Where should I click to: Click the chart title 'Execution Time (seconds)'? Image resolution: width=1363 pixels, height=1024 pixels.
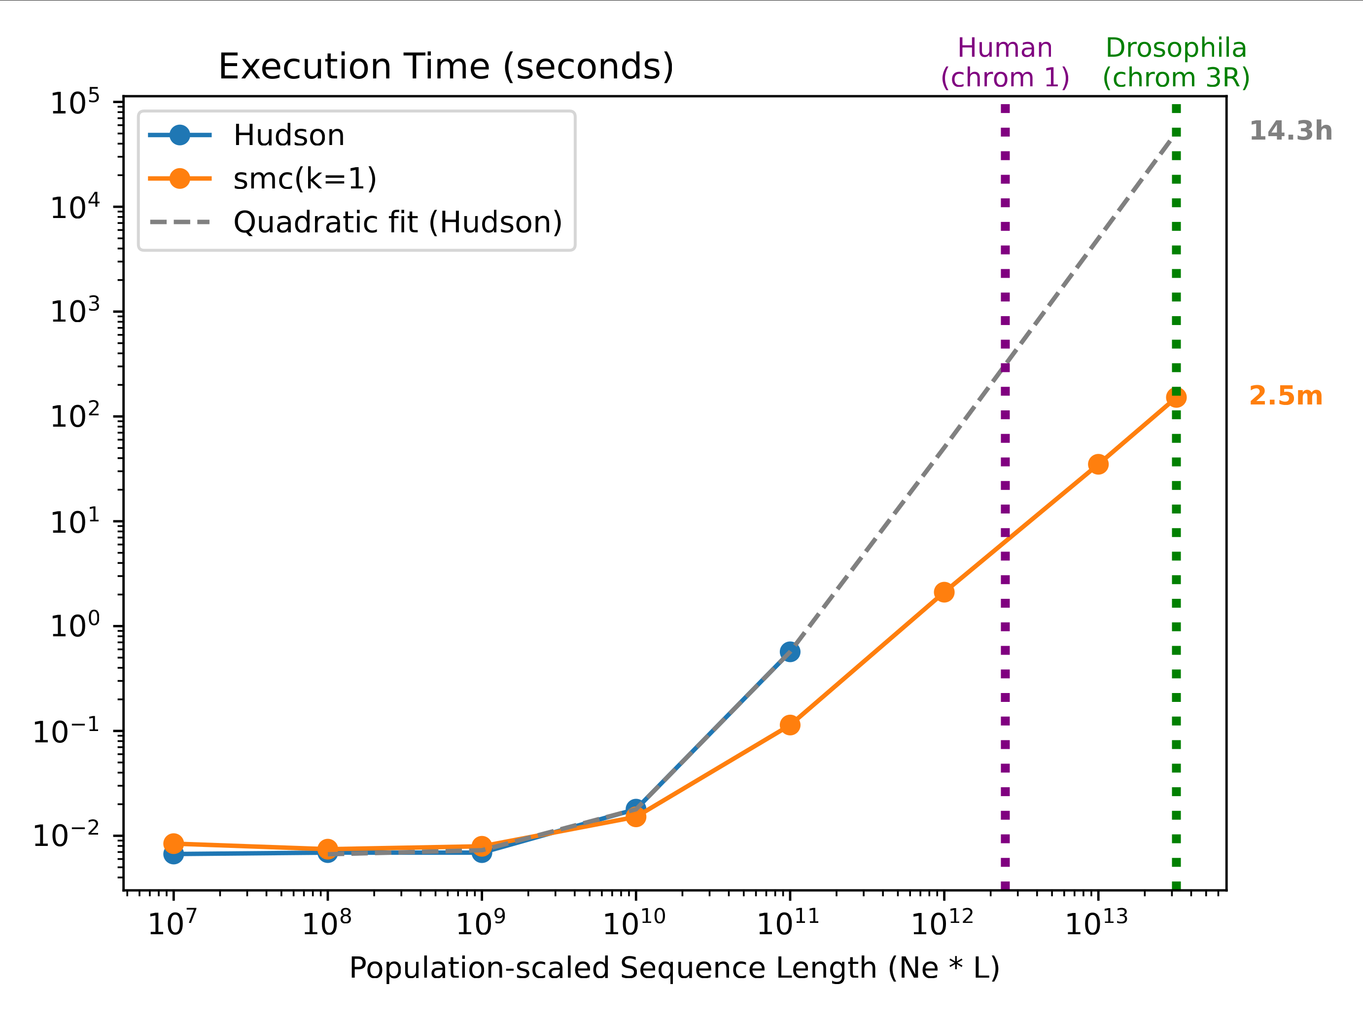tap(446, 67)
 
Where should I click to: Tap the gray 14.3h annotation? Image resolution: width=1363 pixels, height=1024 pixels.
tap(1291, 131)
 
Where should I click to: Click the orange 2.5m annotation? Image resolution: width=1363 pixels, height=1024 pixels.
tap(1286, 396)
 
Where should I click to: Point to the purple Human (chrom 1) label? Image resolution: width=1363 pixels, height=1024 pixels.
tap(1005, 63)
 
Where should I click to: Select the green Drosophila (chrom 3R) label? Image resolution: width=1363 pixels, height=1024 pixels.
tap(1176, 63)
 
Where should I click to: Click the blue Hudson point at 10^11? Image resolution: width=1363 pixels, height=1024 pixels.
tap(790, 652)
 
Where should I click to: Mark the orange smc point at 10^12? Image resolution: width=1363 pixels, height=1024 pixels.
tap(944, 592)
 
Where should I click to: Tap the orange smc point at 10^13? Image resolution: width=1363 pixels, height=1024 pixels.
tap(1098, 465)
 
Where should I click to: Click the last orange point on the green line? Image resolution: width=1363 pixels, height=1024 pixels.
tap(1176, 398)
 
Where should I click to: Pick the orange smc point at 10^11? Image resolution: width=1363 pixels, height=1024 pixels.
tap(790, 725)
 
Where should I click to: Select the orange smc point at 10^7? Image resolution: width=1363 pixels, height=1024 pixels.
tap(174, 843)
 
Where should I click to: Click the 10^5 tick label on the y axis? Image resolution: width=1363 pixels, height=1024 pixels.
tap(74, 103)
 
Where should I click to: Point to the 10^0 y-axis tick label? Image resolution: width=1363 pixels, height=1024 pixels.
tap(74, 626)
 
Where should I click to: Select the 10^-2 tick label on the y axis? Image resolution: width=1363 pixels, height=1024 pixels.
tap(66, 836)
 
